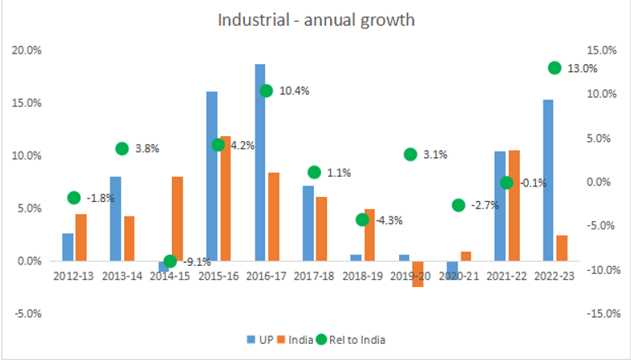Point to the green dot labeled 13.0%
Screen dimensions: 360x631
coord(555,68)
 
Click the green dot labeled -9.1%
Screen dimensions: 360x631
coord(170,261)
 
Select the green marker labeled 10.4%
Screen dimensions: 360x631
coord(265,91)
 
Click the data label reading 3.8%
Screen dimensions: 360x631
coord(148,148)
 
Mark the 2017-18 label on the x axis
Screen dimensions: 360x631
coord(313,276)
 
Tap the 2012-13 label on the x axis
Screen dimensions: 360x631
coord(73,276)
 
